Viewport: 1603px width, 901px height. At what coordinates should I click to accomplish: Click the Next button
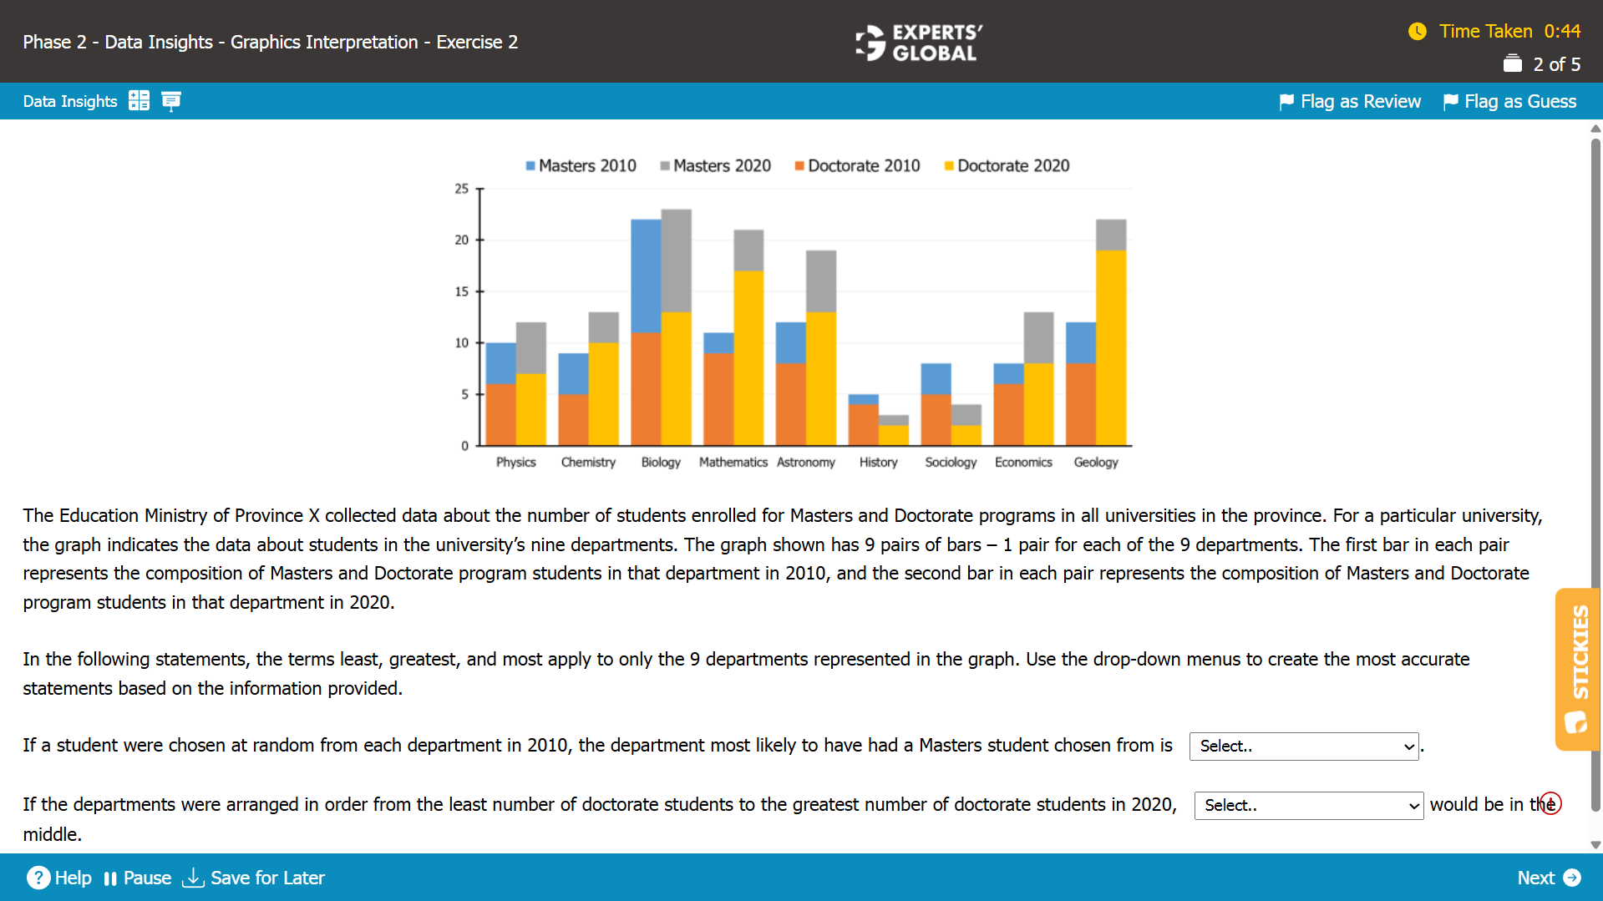pos(1548,878)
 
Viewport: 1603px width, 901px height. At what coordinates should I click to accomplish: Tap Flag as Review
pos(1350,102)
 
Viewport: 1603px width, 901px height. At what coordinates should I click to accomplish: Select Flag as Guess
pos(1510,102)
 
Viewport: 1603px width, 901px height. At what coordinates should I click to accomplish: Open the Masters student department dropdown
pos(1303,747)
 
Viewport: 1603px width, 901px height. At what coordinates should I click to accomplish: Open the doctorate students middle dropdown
pos(1308,806)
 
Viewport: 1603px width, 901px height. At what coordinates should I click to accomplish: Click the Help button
pos(59,878)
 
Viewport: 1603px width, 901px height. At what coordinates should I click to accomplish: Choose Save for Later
pos(253,878)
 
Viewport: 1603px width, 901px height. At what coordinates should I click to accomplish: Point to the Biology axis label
pos(661,463)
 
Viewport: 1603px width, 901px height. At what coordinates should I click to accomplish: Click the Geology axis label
pos(1095,463)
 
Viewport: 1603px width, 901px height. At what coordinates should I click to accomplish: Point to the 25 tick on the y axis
pos(462,190)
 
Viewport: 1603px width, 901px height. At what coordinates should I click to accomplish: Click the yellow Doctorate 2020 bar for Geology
pos(1110,347)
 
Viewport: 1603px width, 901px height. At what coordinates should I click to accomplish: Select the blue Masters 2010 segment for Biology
pos(646,276)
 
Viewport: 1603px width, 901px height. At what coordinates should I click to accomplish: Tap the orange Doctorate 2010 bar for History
pos(863,424)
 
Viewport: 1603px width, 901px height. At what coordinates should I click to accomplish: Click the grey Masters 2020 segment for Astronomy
pos(820,281)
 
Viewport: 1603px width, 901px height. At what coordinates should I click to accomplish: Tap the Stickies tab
pos(1578,669)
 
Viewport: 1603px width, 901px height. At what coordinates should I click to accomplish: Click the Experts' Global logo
pos(919,43)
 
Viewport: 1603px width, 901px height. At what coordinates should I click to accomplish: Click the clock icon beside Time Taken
pos(1417,32)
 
